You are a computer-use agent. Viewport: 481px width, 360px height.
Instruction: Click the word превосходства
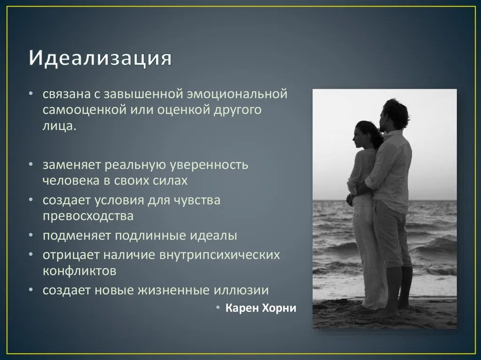88,216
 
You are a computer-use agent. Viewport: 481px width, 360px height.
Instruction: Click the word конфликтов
79,271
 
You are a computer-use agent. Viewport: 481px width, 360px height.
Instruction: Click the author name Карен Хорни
261,308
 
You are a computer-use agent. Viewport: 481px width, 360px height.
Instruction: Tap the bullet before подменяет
31,236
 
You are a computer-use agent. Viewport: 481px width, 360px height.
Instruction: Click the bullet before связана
31,94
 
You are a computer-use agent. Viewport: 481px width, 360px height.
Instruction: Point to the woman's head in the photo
366,134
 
